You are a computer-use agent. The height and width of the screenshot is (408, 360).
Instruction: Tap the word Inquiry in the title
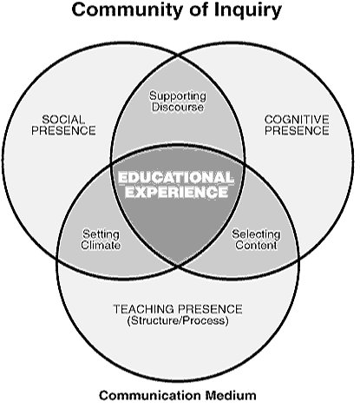click(248, 11)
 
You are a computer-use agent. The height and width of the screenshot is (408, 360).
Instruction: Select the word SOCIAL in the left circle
click(63, 120)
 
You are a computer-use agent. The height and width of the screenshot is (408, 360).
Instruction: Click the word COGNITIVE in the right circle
click(297, 120)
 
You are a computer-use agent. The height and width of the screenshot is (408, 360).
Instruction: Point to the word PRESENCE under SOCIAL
click(63, 130)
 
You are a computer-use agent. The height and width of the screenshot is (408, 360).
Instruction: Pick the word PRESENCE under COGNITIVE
click(297, 130)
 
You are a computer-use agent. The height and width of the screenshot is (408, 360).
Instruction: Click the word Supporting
click(178, 96)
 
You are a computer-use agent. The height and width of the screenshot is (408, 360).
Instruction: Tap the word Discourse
click(178, 107)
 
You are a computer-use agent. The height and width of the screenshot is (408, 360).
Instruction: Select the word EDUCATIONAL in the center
click(176, 177)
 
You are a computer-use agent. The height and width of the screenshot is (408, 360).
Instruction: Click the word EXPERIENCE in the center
click(176, 192)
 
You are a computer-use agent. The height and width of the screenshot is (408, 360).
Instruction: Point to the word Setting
click(101, 234)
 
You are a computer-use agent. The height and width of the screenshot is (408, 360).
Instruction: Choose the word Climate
click(101, 245)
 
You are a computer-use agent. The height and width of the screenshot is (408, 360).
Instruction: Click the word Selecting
click(256, 234)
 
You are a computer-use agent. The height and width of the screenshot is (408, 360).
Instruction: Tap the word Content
click(256, 245)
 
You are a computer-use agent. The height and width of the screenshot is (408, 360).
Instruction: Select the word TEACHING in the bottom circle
click(144, 309)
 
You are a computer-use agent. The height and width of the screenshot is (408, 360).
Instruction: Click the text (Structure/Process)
click(178, 320)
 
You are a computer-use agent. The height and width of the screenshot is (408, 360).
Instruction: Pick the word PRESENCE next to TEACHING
click(210, 309)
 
